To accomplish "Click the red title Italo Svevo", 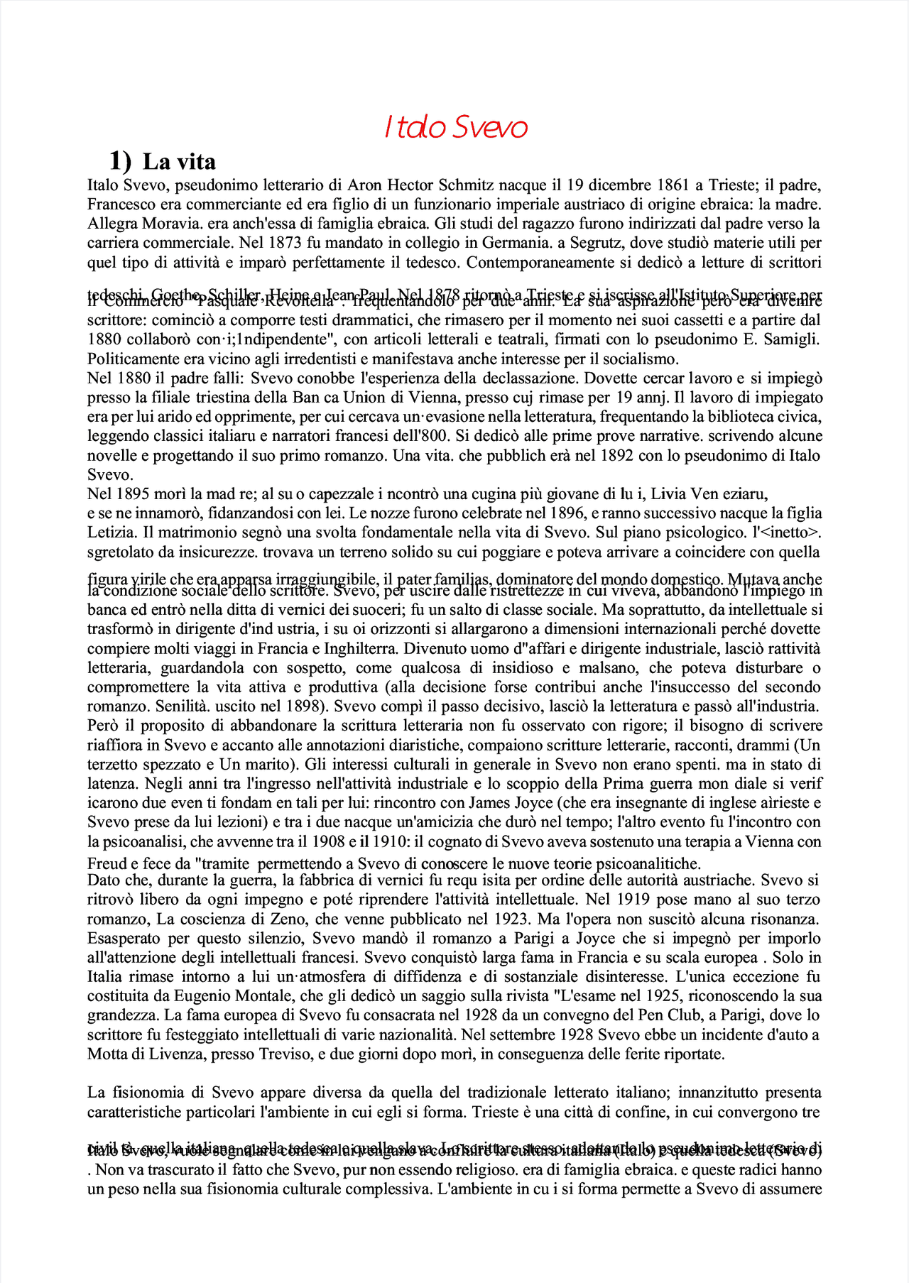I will tap(456, 128).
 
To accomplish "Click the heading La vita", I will tap(179, 162).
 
